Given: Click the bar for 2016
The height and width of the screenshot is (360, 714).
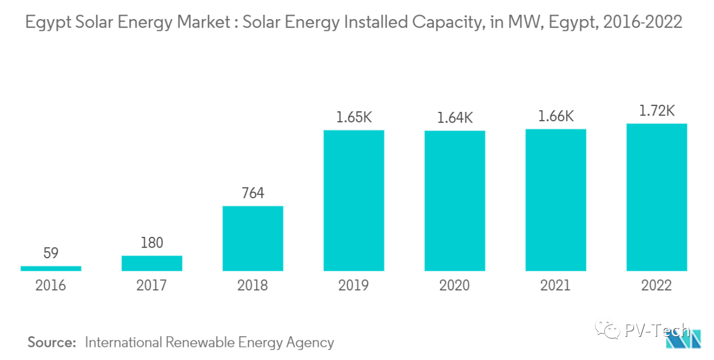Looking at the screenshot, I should [50, 268].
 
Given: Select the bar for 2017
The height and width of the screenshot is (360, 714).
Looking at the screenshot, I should [152, 263].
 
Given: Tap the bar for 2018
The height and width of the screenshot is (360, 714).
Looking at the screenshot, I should [253, 238].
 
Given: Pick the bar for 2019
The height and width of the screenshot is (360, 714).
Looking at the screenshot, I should [353, 201].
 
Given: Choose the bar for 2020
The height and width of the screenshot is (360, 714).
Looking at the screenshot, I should [454, 201].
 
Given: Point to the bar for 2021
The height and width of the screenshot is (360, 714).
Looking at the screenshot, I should [556, 200].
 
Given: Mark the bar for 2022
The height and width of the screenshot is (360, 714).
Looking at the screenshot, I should [657, 197].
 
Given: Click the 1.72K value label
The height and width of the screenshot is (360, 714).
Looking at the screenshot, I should [657, 110].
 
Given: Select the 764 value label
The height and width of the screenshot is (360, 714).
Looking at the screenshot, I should [253, 193].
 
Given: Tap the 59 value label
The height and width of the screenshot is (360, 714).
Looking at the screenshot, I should [50, 253].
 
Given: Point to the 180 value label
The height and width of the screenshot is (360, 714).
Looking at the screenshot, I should [152, 243].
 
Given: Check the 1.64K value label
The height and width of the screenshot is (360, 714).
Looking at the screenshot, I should [454, 118].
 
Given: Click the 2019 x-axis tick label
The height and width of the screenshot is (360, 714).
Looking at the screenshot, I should [353, 285].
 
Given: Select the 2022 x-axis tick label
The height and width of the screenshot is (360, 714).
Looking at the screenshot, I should [657, 285].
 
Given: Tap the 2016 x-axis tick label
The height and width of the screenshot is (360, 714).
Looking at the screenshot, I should [50, 285].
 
